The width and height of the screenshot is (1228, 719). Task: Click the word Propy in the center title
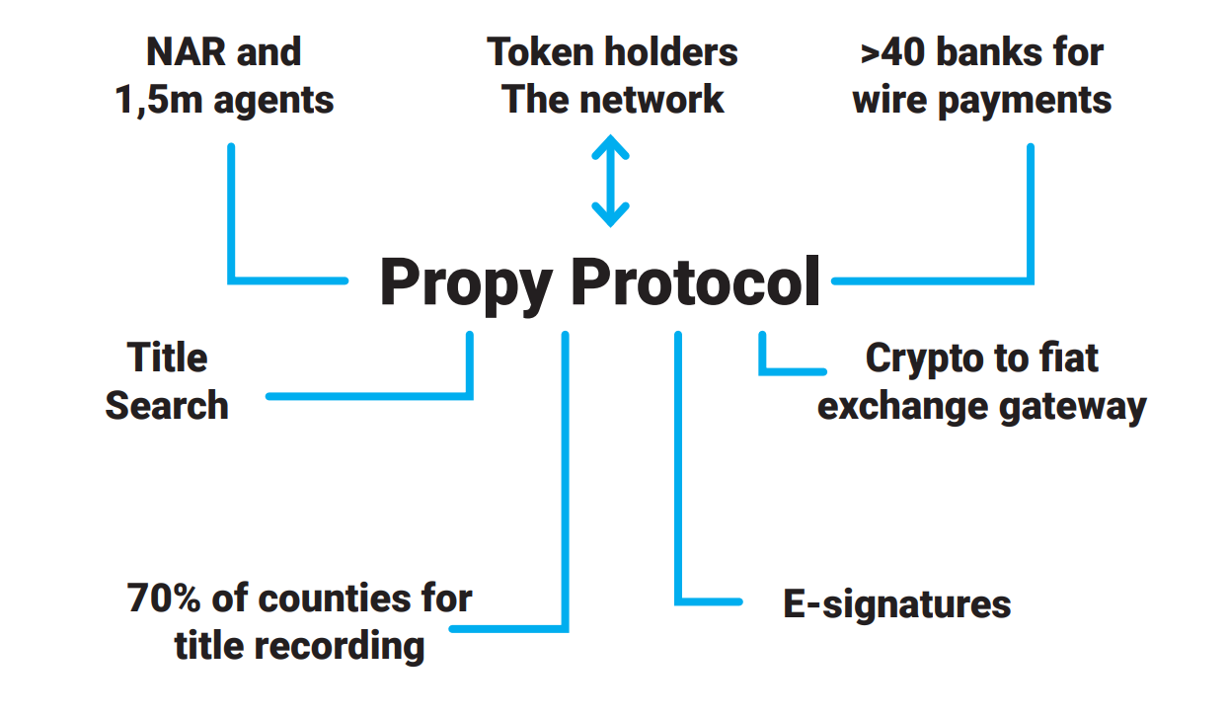(x=466, y=283)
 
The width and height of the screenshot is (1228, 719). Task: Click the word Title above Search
(x=167, y=358)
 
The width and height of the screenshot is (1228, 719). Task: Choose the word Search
(x=167, y=405)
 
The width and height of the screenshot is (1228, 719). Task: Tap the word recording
(x=341, y=646)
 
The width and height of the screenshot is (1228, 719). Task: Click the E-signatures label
(x=896, y=604)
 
